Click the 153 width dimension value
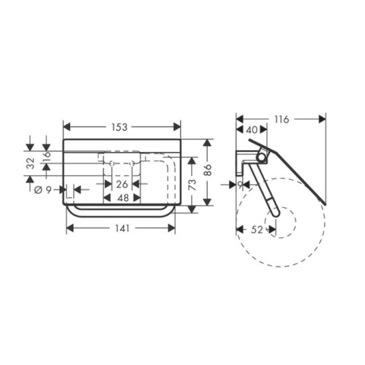coord(119,127)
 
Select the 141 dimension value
coord(123,228)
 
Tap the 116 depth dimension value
coord(281,119)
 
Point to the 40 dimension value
coord(252,130)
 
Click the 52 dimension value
coord(257,230)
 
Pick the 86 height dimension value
coord(208,170)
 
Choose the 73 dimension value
coord(192,185)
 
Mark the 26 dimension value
coord(122,184)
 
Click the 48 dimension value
coord(123,198)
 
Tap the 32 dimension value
coord(31,163)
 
